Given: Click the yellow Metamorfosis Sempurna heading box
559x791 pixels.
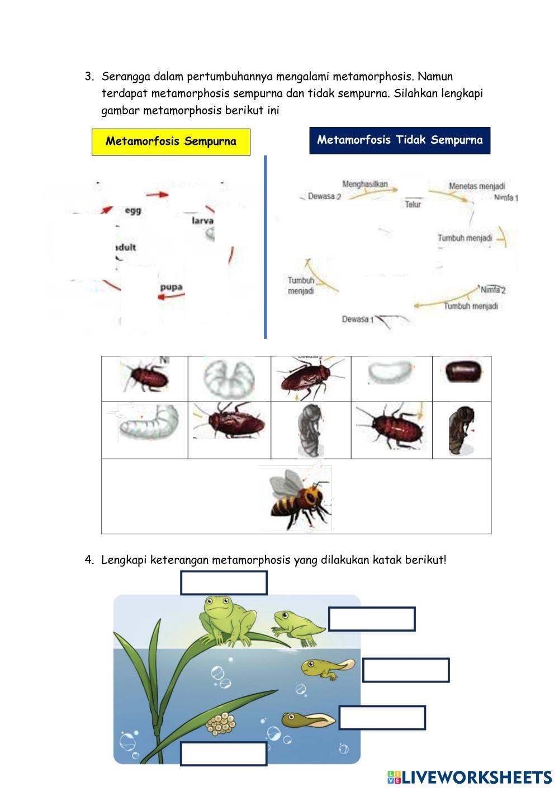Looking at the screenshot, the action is pyautogui.click(x=170, y=142).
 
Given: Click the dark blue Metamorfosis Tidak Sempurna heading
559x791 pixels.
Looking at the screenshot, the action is pyautogui.click(x=400, y=140).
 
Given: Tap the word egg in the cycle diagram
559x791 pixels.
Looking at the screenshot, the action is pyautogui.click(x=132, y=211).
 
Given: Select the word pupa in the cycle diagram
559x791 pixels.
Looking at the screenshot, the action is pyautogui.click(x=171, y=288).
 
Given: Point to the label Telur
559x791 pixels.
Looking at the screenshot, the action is pyautogui.click(x=413, y=205).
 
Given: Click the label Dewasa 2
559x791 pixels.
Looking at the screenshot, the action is pyautogui.click(x=324, y=196).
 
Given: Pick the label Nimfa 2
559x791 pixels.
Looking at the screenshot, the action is pyautogui.click(x=492, y=290).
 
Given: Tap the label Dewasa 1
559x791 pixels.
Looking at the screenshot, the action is pyautogui.click(x=356, y=319).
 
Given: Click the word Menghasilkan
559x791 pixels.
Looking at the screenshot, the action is pyautogui.click(x=364, y=184).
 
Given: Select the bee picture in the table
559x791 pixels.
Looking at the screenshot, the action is pyautogui.click(x=296, y=497).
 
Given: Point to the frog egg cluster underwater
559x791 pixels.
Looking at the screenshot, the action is pyautogui.click(x=221, y=724).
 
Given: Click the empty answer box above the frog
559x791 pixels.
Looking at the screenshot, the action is pyautogui.click(x=224, y=583).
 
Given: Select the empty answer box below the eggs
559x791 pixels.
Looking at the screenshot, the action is pyautogui.click(x=224, y=754).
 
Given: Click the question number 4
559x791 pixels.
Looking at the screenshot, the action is pyautogui.click(x=89, y=560).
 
